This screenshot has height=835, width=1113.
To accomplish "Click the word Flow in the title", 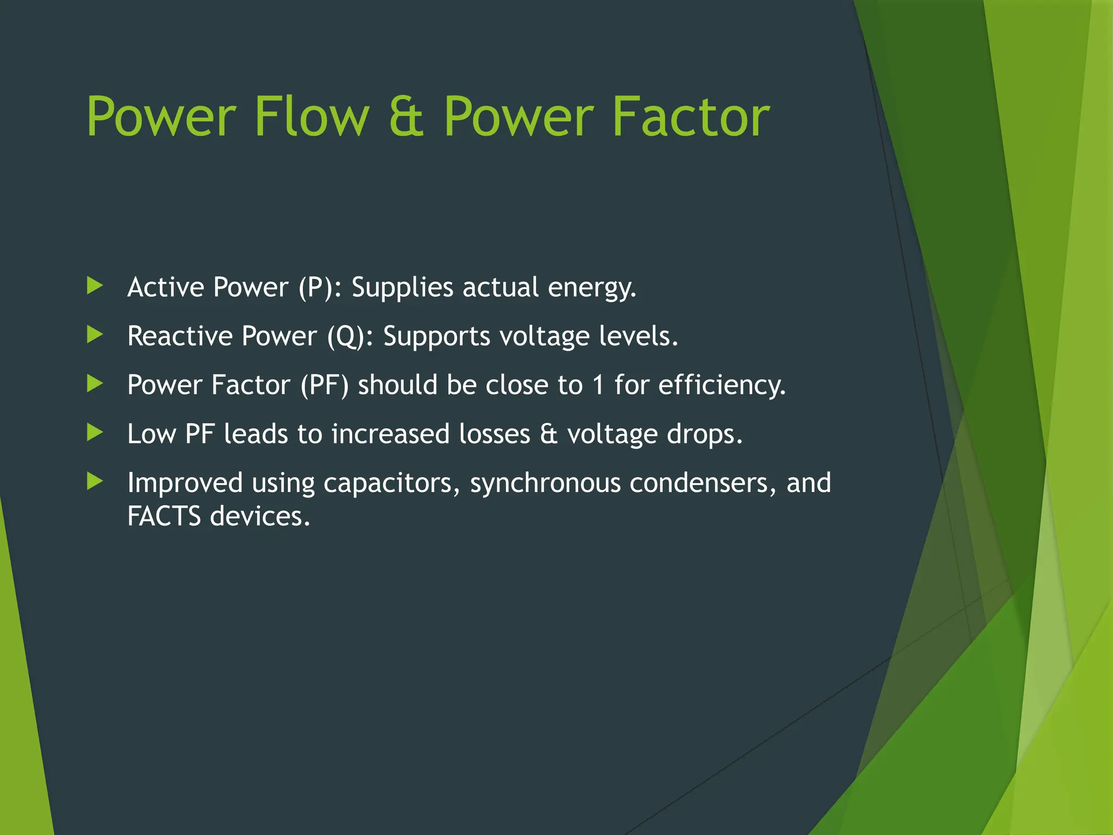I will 311,116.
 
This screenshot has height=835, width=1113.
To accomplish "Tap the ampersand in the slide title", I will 406,116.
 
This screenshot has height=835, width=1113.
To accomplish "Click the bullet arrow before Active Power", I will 95,286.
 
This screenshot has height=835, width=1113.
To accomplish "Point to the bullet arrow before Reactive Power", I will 95,335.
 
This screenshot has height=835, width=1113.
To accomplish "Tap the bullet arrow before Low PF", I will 95,433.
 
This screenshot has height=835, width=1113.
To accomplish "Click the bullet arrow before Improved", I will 95,482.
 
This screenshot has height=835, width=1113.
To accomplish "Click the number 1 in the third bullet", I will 598,385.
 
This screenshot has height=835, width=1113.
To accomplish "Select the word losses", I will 494,434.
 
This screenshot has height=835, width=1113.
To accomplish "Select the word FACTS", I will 164,516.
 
